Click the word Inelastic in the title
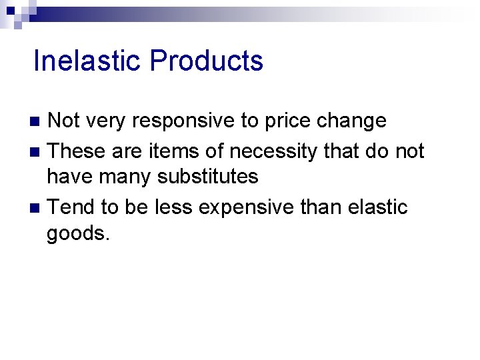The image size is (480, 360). (x=88, y=61)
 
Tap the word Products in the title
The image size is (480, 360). (x=206, y=61)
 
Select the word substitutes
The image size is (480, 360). (x=207, y=177)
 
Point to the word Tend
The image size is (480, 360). (x=72, y=207)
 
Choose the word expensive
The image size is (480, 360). (x=244, y=209)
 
